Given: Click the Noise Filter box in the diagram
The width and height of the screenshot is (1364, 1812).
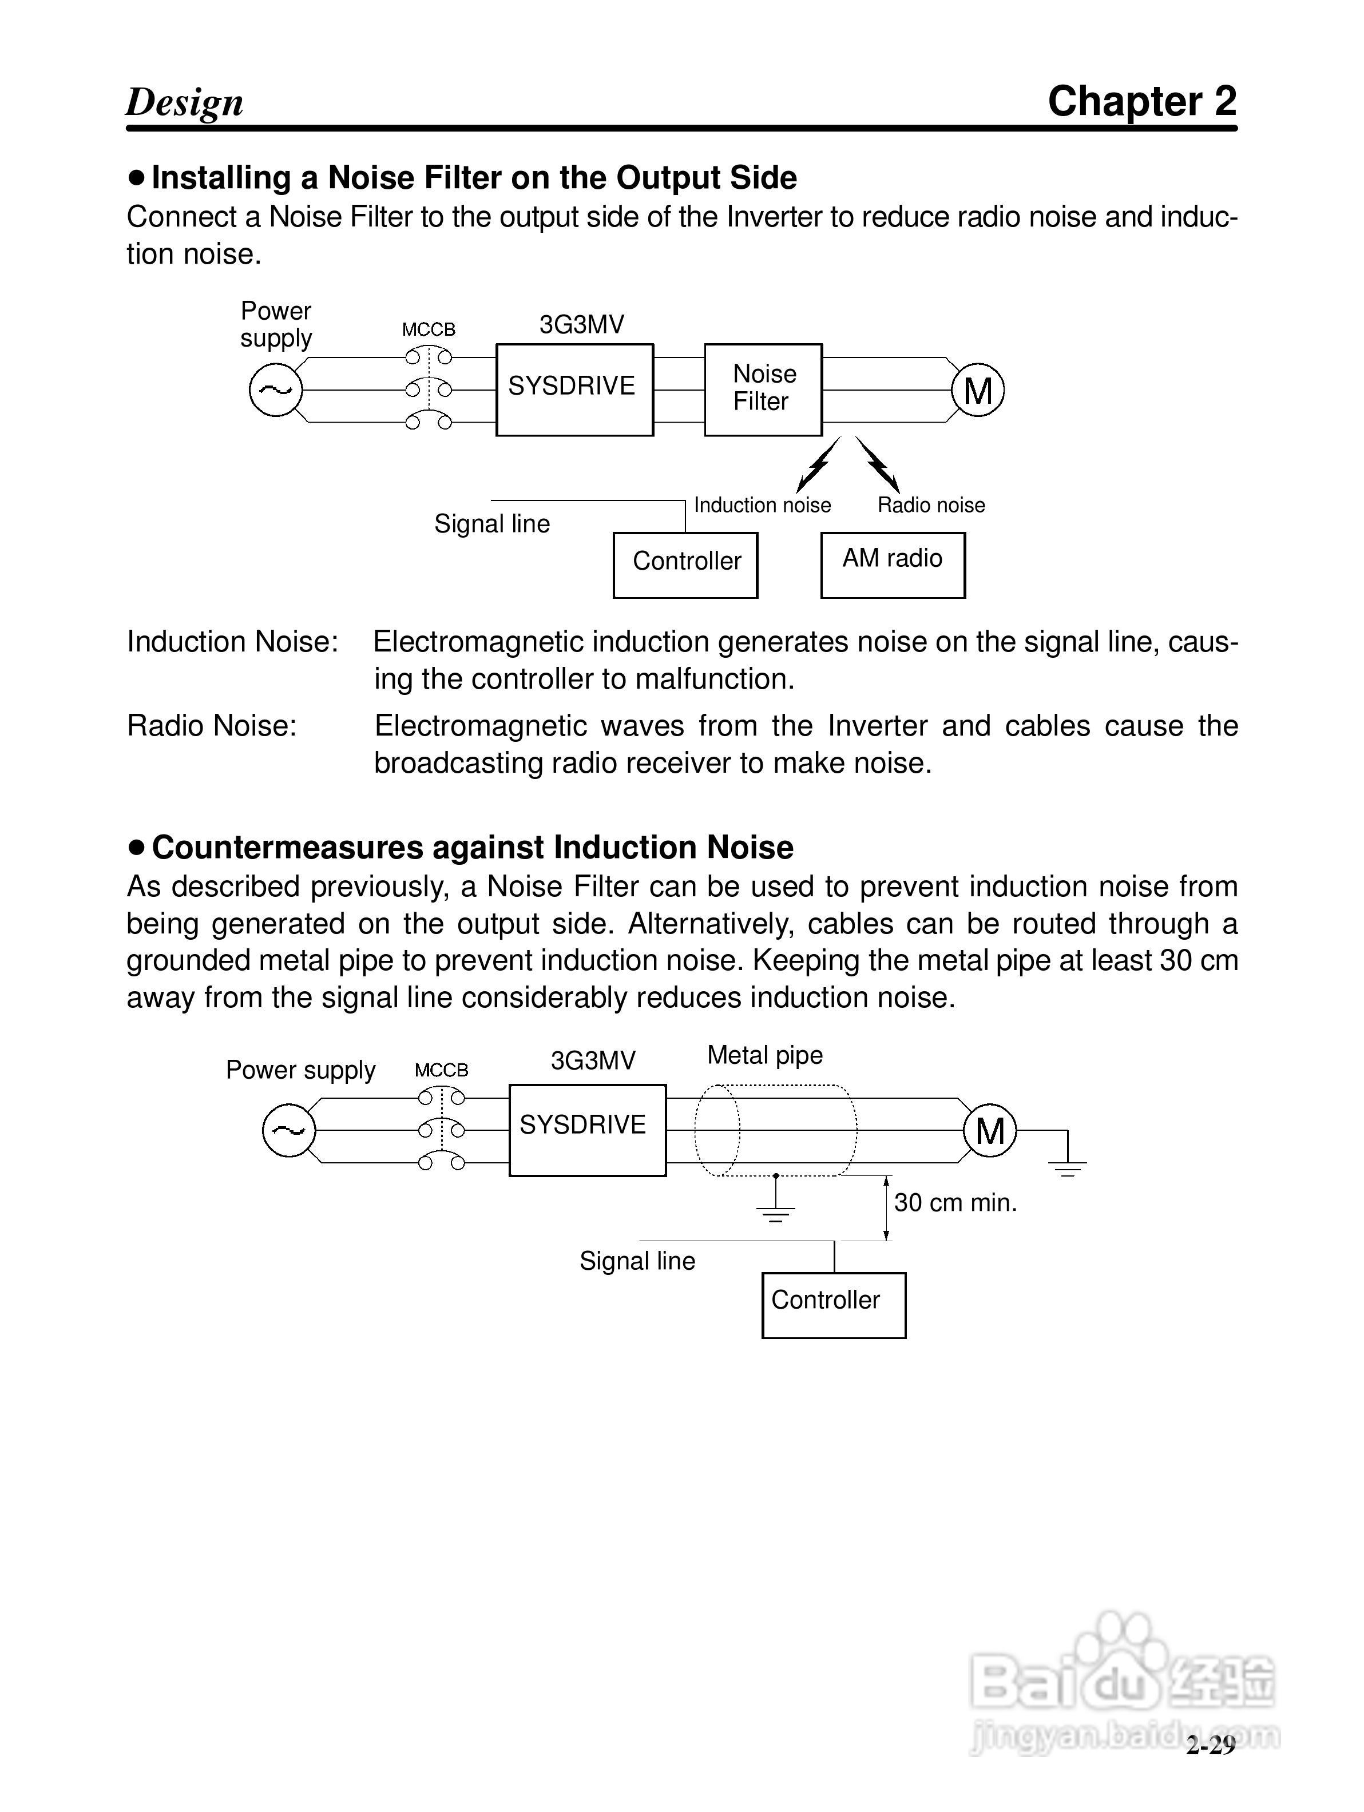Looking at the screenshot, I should [763, 389].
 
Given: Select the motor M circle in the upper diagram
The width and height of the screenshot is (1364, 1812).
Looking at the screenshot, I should [977, 390].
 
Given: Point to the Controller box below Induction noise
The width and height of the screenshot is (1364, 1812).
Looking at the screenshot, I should [685, 565].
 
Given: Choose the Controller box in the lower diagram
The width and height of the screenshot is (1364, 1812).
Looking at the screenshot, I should [833, 1305].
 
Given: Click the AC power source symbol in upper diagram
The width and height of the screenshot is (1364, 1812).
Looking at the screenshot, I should [275, 390].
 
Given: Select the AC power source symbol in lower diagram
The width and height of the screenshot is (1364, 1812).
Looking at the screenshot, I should [288, 1130].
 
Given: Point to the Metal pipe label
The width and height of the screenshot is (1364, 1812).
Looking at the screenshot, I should [764, 1055].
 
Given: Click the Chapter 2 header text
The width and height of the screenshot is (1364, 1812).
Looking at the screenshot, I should [1141, 102].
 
